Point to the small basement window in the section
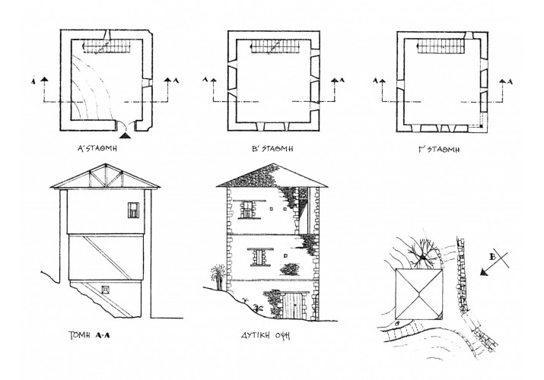(105, 288)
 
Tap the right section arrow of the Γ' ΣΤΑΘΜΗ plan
(501, 79)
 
